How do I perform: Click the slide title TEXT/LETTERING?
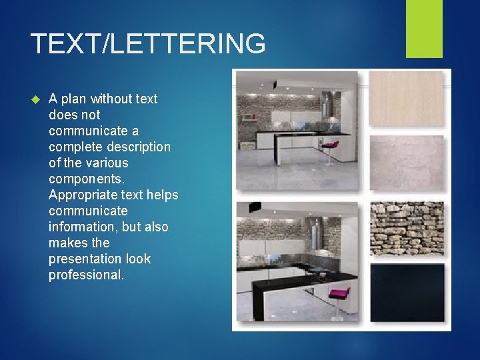pos(148,44)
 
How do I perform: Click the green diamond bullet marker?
pos(36,99)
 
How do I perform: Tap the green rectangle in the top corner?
pos(424,29)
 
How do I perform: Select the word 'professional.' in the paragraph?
pos(87,275)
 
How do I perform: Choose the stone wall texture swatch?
pos(406,228)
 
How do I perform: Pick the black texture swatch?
pos(406,292)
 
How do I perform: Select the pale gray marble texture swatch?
pos(406,164)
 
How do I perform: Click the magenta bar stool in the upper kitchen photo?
pos(329,148)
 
